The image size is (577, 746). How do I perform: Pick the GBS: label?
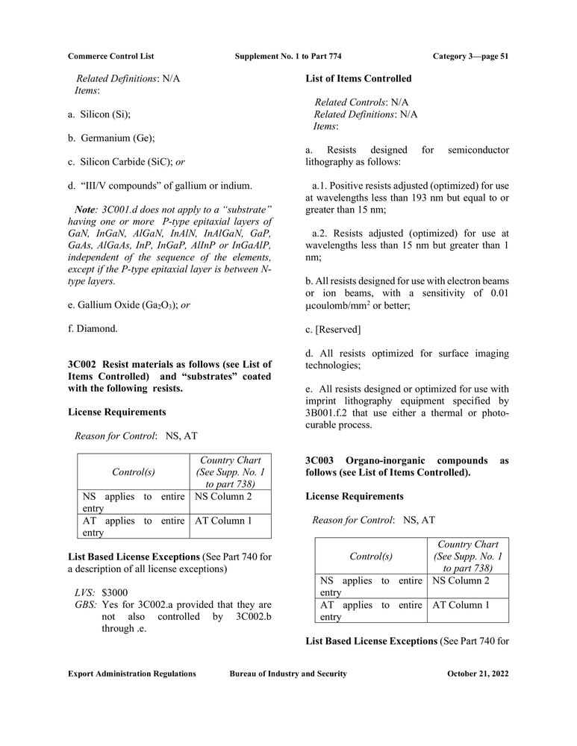85,605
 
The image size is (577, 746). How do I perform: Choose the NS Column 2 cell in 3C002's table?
223,496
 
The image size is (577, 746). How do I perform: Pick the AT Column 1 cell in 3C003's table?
461,605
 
